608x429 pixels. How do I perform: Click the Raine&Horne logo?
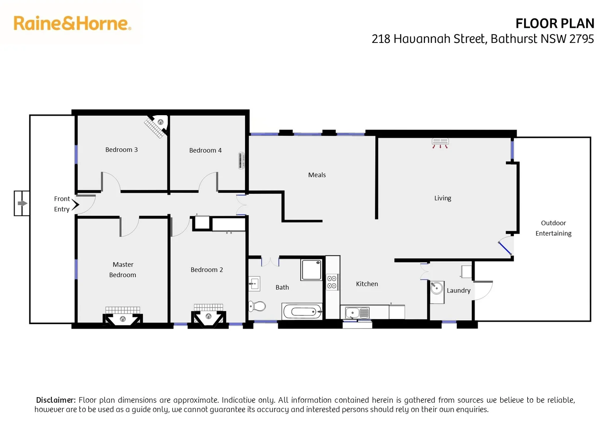point(72,23)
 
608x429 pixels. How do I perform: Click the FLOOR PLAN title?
point(554,24)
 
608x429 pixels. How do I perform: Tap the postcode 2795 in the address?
point(581,39)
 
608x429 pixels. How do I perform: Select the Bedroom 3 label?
point(121,150)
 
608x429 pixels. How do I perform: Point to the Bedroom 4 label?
point(205,151)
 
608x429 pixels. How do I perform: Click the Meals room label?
point(317,175)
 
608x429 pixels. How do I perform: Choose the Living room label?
point(442,198)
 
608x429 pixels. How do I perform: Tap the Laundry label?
point(458,291)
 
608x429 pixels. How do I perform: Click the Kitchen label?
point(367,284)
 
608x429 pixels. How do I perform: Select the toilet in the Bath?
point(258,306)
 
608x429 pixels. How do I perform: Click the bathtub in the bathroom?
point(302,311)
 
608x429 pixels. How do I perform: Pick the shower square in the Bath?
point(311,270)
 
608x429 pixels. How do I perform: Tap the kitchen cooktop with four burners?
point(332,282)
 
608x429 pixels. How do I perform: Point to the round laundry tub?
point(437,288)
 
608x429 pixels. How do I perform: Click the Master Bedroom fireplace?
point(123,319)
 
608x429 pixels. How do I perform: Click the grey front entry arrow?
point(22,203)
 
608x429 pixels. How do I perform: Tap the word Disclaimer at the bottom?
point(56,400)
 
